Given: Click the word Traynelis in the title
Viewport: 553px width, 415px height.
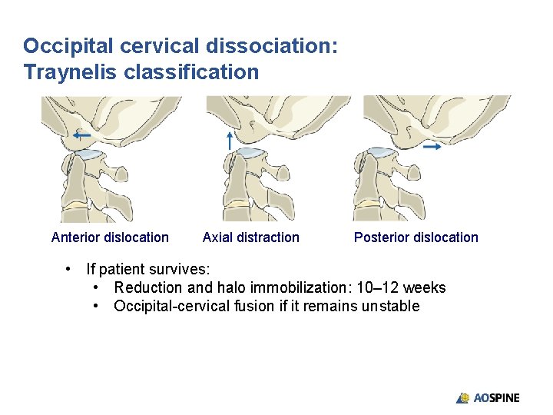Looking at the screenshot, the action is coord(65,72).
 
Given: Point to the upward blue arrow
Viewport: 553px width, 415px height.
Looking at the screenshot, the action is coord(229,139).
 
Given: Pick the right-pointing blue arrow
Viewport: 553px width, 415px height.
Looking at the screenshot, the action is coord(431,145).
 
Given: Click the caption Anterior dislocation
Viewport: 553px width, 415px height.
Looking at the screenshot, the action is coord(110,237).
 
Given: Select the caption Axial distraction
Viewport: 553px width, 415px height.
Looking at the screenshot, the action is coord(250,237).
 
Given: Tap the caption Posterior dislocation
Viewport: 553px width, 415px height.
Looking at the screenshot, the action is coord(416,237).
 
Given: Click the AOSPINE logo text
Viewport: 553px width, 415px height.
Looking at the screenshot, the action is coord(496,398).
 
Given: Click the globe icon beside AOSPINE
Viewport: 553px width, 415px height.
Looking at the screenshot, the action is coord(463,398).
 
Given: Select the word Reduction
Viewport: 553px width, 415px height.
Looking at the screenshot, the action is coord(147,288).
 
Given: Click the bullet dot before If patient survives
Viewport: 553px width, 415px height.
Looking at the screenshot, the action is coord(70,270).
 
